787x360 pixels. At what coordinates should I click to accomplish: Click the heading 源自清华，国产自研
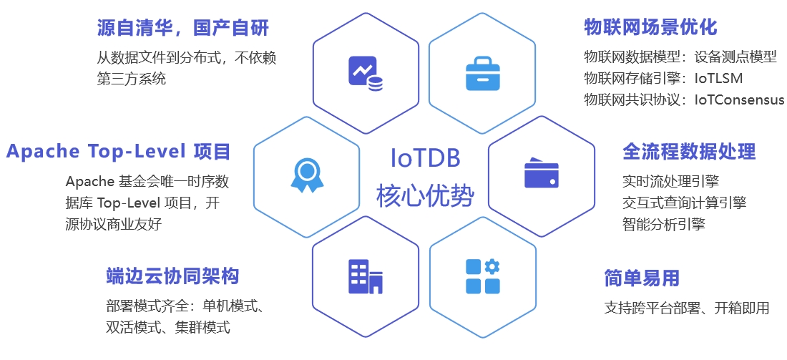(x=182, y=28)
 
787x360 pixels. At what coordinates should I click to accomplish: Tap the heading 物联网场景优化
(x=650, y=27)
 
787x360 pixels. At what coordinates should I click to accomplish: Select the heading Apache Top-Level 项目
(x=118, y=152)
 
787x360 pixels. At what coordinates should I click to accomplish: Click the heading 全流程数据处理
(x=689, y=152)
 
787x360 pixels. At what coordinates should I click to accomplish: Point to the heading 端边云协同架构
(x=172, y=276)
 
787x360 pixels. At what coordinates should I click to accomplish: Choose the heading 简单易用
(x=641, y=278)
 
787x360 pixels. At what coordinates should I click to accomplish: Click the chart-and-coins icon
(x=366, y=73)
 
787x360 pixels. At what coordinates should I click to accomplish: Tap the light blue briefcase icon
(x=483, y=73)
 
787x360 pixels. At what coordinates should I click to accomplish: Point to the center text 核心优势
(x=425, y=195)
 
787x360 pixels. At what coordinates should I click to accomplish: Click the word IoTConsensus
(x=739, y=99)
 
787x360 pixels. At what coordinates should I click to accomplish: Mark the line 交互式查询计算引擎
(x=685, y=202)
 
